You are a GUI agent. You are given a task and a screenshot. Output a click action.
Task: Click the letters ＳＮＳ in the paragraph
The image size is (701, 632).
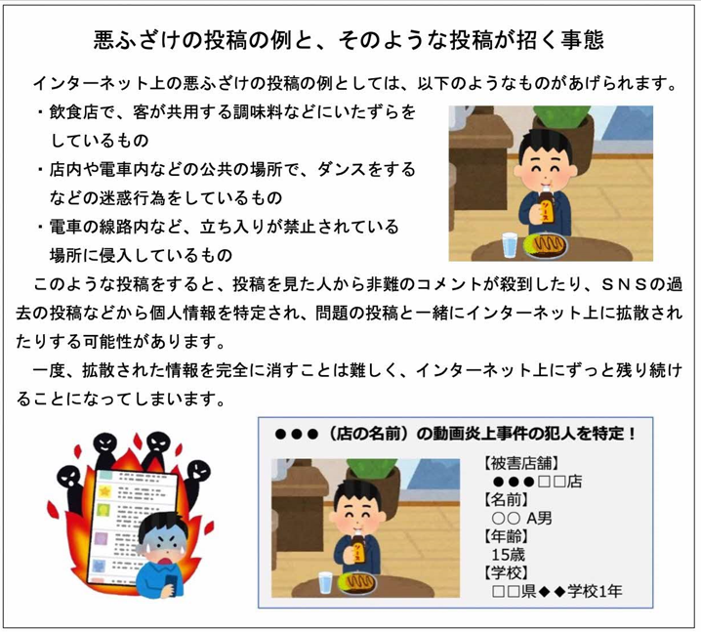[x=623, y=284]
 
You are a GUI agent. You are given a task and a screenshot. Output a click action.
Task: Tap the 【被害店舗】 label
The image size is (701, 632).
[x=521, y=463]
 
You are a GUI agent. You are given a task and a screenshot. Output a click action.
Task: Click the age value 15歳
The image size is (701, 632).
[x=509, y=555]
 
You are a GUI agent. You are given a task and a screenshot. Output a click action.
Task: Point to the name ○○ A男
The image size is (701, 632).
[x=521, y=518]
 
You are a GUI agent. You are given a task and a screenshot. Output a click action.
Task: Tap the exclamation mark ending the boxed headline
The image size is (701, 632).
[x=632, y=434]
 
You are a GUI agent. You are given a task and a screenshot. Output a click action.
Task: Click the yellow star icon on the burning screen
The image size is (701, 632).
[x=105, y=492]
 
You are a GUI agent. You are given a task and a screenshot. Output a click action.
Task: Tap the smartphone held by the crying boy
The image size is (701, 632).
[x=172, y=582]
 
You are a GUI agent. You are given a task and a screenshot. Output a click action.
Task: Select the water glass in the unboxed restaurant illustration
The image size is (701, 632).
[x=510, y=245]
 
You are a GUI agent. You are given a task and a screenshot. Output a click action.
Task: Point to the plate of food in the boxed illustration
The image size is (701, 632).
[x=357, y=583]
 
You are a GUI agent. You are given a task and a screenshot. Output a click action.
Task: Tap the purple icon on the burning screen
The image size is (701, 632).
[x=101, y=540]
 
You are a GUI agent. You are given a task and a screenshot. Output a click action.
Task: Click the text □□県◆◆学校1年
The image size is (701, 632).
[x=557, y=592]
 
